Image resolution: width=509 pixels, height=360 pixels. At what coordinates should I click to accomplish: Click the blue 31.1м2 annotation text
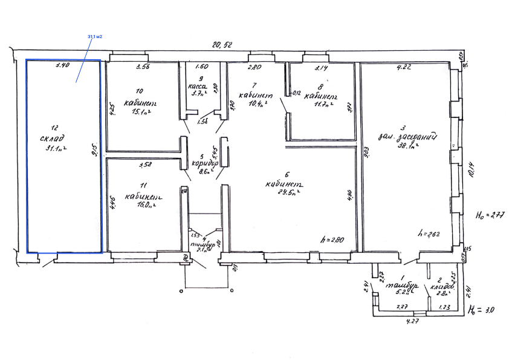tap(95, 37)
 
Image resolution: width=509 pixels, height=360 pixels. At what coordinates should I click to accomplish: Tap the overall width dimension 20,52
tap(221, 44)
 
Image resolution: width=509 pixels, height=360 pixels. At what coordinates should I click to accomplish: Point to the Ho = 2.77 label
tap(490, 214)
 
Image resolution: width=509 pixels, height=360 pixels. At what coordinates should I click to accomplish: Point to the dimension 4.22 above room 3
tap(403, 67)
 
